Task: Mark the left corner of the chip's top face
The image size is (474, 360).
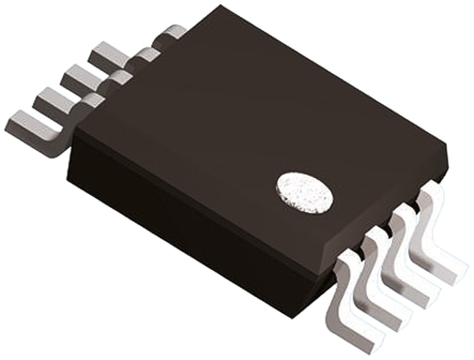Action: pos(73,129)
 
